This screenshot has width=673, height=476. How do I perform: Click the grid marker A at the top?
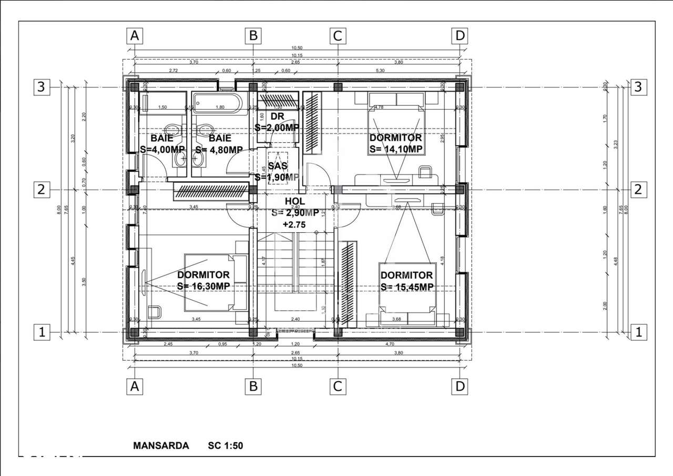pos(135,36)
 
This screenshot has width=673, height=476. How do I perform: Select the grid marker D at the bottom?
pos(460,386)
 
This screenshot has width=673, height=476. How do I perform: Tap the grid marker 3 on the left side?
pos(42,87)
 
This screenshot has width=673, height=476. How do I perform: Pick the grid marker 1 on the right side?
pos(638,332)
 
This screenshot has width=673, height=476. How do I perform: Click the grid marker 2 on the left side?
pos(42,190)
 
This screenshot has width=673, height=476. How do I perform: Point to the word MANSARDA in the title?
pos(161,445)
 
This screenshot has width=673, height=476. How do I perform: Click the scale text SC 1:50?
pos(226,445)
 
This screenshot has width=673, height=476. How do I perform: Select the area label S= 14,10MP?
pos(396,149)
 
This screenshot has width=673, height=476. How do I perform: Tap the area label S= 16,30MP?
pos(203,286)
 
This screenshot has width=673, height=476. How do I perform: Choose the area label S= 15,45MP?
pos(406,286)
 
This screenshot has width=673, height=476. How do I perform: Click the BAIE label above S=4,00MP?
pos(162,138)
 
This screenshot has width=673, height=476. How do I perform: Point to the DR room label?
pos(277,116)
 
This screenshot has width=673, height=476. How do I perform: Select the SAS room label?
pos(278,166)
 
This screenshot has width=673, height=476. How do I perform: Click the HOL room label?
pos(294,201)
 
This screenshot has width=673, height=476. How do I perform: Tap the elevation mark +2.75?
pos(293,224)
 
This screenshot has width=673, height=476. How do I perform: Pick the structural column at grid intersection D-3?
pos(460,87)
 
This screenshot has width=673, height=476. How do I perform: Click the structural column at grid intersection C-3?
pos(338,87)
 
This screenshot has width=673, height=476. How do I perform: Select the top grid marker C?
pos(338,36)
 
